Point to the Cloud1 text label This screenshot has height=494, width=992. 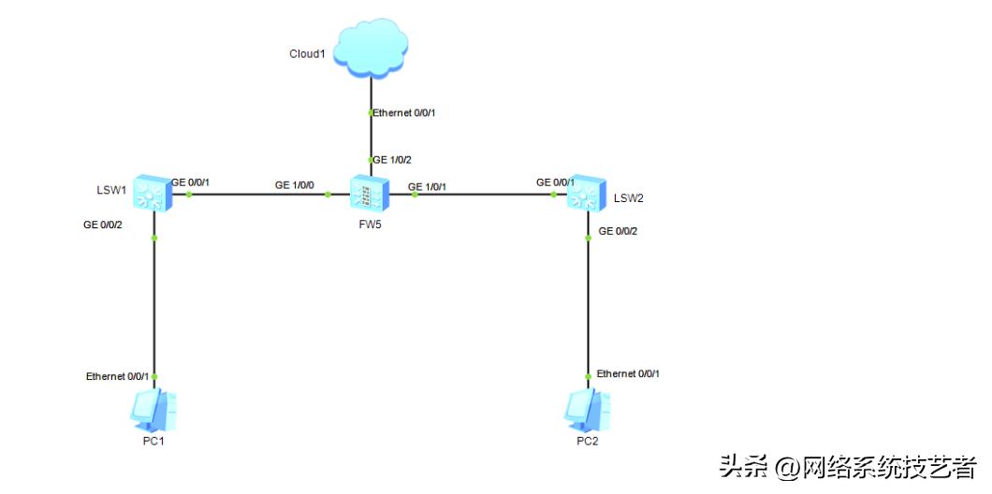pos(307,53)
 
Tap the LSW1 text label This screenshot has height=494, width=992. pos(111,190)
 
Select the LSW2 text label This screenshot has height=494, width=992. pos(629,198)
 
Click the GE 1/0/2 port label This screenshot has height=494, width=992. pos(393,160)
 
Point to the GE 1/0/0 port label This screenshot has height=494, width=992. pos(294,185)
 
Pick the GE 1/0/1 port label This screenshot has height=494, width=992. pos(428,186)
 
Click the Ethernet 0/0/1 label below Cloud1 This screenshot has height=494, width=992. pos(405,113)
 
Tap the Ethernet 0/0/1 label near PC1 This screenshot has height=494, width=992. pos(117,376)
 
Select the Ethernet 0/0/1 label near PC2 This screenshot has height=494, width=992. pos(628,373)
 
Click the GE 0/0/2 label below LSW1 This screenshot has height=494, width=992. pos(103,225)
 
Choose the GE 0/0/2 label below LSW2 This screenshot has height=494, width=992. pos(619,230)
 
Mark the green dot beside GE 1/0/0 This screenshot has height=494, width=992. pos(328,195)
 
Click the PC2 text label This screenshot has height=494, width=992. pos(588,441)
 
